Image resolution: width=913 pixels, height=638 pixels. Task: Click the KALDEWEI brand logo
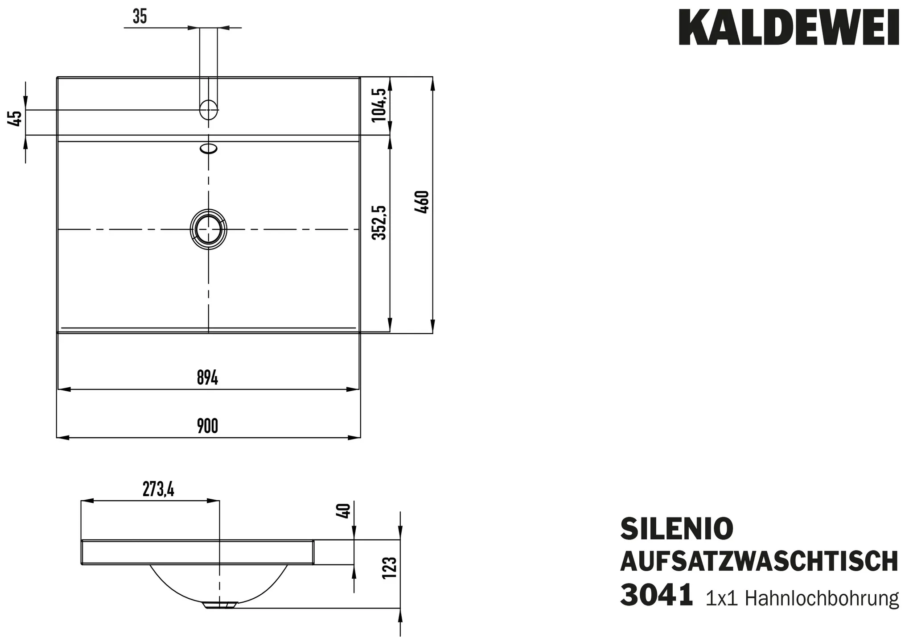788,29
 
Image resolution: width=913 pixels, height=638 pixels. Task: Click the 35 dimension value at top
140,17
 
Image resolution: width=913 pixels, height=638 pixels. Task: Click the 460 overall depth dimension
422,202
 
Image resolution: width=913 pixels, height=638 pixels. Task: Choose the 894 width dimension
207,378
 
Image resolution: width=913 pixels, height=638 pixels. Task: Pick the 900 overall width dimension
207,426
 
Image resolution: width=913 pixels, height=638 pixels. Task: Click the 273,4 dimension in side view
158,490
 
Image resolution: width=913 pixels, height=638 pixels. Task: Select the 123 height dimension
389,568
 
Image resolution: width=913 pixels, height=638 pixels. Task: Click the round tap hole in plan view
208,109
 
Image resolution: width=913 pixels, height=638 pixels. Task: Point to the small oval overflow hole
209,148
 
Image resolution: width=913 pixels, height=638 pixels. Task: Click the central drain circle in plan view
208,229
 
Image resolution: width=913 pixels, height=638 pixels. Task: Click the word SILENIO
677,529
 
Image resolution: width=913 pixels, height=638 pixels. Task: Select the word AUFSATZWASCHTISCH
759,562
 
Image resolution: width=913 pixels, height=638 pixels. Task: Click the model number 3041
656,595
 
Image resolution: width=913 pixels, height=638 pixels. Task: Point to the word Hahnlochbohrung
822,598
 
